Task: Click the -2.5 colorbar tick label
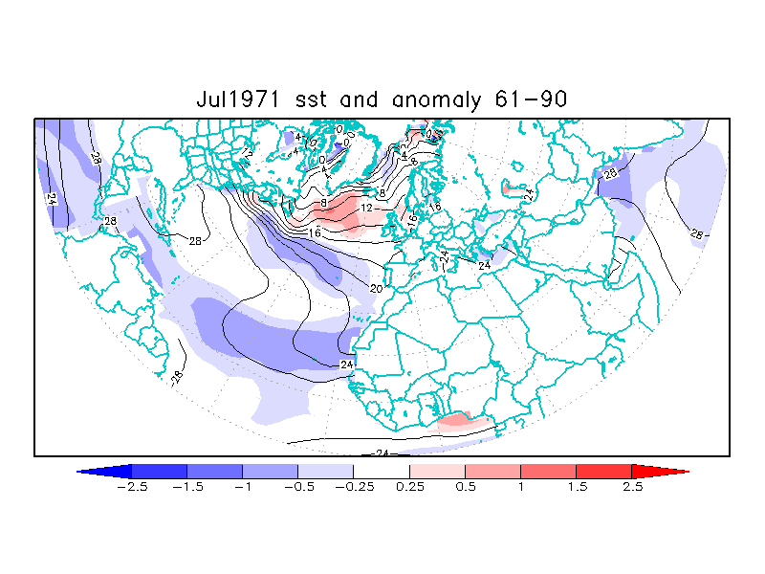tap(131, 486)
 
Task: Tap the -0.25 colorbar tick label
tap(353, 486)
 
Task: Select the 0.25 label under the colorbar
tap(410, 486)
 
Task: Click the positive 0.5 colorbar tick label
tap(466, 486)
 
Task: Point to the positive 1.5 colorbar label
tap(577, 486)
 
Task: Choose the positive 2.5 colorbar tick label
tap(632, 486)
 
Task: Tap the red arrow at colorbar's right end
tap(660, 471)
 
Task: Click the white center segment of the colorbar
tap(382, 471)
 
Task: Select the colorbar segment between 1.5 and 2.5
tap(603, 471)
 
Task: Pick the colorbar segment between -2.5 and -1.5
tap(159, 471)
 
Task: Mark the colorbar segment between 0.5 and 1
tap(492, 471)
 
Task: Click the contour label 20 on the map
tap(376, 288)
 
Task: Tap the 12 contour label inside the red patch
tap(366, 208)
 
